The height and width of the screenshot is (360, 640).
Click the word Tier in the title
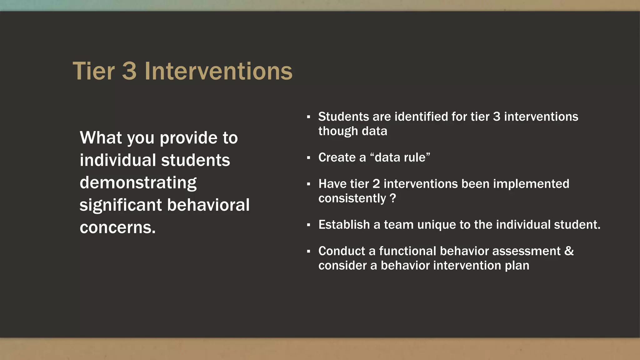coord(94,71)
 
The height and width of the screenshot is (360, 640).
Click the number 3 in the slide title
coord(129,71)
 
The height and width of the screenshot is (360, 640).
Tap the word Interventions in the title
coord(218,71)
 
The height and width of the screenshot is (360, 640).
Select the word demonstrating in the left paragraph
coord(138,183)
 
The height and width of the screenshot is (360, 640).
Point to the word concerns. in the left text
coord(117,227)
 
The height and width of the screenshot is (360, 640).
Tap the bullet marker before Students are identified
coord(308,117)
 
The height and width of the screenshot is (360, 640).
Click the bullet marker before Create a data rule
coord(308,158)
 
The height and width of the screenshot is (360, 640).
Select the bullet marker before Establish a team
coord(308,225)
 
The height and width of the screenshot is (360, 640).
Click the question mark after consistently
coord(393,198)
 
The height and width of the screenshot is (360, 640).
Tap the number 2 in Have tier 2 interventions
coord(376,184)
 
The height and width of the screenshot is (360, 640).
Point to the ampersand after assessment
coord(569,251)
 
